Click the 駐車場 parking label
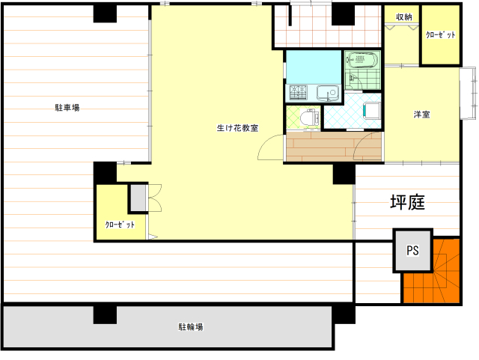click(x=67, y=108)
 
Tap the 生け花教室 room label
click(x=238, y=128)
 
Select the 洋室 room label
click(x=422, y=115)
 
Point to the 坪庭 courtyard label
click(x=407, y=202)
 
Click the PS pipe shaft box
click(x=412, y=250)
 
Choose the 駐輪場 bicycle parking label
click(x=191, y=326)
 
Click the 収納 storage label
click(x=404, y=16)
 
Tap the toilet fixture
click(x=309, y=118)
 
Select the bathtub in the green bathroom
click(x=362, y=60)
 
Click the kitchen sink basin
click(x=328, y=93)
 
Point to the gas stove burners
click(x=298, y=92)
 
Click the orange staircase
click(x=432, y=271)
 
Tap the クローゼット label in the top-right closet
click(x=441, y=35)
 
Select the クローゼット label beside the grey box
click(x=120, y=225)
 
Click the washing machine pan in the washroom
click(x=371, y=111)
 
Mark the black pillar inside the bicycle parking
click(x=105, y=315)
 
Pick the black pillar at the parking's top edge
click(x=105, y=13)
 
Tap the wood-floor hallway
click(x=334, y=147)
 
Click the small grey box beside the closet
click(x=138, y=198)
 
